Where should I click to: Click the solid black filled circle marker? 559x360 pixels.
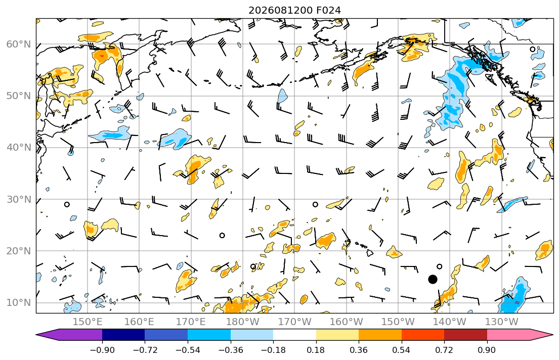click(x=433, y=279)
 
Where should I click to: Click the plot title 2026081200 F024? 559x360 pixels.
click(x=294, y=10)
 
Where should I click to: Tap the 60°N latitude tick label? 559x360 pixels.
click(x=19, y=44)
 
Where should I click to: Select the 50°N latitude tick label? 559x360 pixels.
click(x=19, y=96)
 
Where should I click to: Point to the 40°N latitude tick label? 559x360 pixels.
click(x=19, y=147)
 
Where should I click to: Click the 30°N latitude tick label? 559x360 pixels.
click(x=19, y=199)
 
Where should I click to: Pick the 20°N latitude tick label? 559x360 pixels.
click(x=19, y=251)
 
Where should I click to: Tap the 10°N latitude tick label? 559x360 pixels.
click(x=19, y=303)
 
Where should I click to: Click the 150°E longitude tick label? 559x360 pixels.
click(x=88, y=322)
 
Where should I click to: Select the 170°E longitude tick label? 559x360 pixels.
click(x=191, y=322)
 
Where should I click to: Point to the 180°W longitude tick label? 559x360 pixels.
click(x=243, y=322)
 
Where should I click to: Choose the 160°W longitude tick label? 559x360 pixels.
click(x=346, y=322)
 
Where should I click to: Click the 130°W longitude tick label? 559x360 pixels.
click(x=501, y=322)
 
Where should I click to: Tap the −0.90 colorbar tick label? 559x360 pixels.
click(x=102, y=350)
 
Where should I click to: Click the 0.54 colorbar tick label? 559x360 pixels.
click(x=402, y=350)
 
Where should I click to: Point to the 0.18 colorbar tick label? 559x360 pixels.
click(x=316, y=350)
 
